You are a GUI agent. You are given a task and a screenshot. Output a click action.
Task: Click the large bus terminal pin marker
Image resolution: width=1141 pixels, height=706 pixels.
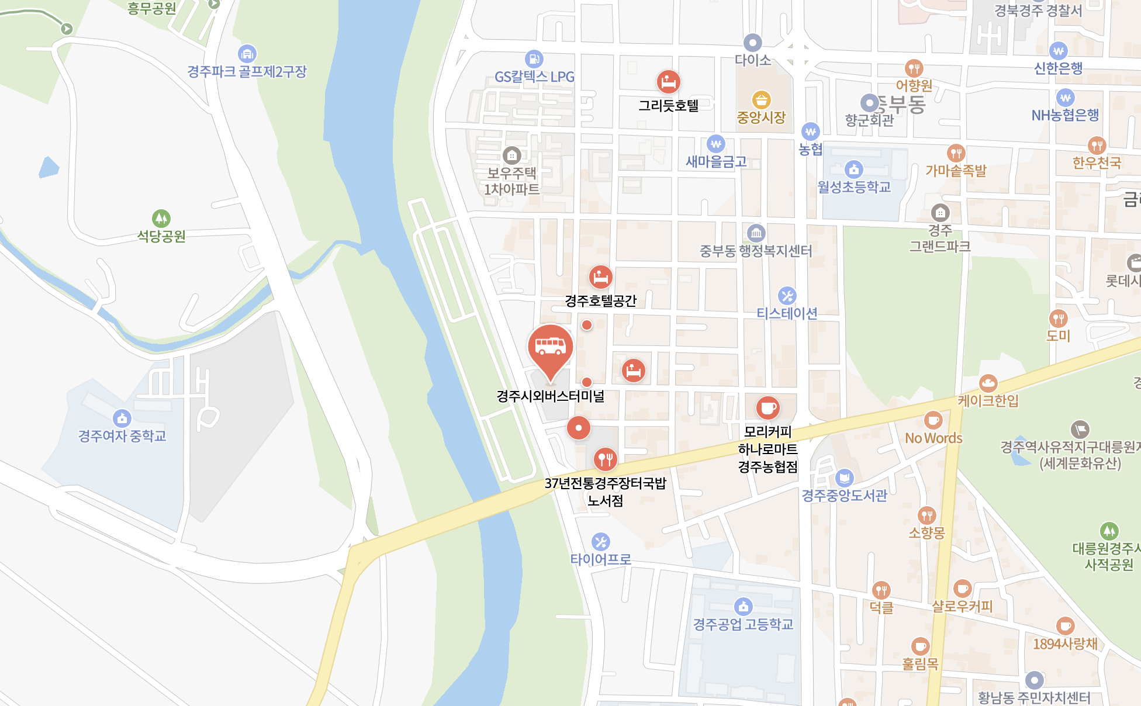tap(550, 348)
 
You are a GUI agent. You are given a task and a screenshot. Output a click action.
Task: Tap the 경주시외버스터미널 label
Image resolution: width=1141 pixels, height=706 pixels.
tap(550, 396)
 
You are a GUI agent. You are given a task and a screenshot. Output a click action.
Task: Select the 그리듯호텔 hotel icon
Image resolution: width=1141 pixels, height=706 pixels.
tap(668, 82)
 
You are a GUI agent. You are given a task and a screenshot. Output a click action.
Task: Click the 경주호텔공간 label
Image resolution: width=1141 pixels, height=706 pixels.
tap(600, 301)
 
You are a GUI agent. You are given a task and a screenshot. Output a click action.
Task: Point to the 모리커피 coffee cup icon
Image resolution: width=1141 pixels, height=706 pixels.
tap(767, 408)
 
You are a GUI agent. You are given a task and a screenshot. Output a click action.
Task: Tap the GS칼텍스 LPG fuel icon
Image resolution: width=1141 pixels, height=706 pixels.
tap(534, 59)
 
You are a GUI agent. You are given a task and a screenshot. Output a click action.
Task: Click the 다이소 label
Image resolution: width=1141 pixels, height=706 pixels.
tap(752, 60)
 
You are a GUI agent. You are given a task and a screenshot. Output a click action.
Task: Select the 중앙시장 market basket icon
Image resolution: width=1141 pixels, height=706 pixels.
tap(760, 99)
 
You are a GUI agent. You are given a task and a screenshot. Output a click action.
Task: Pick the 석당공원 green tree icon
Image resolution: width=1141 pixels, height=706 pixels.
tap(161, 219)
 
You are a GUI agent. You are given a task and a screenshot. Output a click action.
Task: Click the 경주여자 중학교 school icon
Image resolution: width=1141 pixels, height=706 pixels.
tap(122, 418)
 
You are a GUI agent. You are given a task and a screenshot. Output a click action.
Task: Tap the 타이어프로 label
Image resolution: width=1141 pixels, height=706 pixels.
tap(600, 559)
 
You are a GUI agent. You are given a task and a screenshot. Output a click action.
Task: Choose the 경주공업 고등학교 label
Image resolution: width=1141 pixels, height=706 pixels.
tap(743, 625)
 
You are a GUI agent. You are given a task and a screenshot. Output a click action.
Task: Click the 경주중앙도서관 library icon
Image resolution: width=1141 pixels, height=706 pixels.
tap(844, 478)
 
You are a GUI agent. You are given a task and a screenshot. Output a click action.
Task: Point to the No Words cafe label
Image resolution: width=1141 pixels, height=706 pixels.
tap(933, 438)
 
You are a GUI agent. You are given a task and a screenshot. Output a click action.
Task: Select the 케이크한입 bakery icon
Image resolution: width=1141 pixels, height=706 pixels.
tap(988, 383)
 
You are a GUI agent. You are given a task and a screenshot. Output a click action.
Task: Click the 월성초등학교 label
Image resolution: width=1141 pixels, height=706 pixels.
tap(853, 187)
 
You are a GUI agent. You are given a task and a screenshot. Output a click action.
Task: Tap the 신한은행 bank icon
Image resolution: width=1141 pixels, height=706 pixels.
tap(1058, 51)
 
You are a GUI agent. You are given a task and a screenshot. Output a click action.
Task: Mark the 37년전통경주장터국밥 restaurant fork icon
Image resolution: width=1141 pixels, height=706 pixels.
tap(605, 459)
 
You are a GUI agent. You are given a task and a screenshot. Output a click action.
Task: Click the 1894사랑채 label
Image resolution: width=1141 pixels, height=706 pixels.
tap(1065, 644)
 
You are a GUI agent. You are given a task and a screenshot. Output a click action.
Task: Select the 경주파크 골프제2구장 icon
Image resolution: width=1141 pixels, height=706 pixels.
tap(247, 54)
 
